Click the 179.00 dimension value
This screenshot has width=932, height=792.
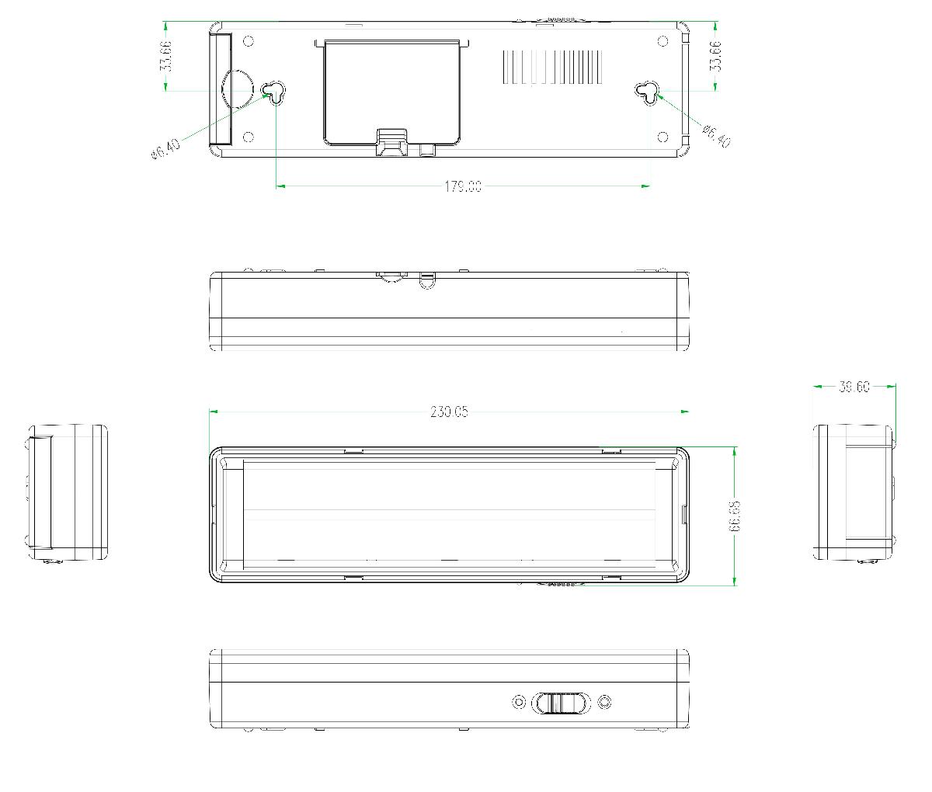click(463, 186)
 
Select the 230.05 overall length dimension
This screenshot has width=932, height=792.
click(449, 412)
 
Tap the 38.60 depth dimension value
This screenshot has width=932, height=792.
click(854, 387)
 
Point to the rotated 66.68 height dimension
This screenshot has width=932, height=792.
click(734, 516)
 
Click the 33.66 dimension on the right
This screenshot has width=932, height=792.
click(715, 56)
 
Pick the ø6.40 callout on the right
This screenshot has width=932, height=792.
click(715, 136)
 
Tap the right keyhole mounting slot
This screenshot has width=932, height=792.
click(649, 92)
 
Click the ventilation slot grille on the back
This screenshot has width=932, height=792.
click(552, 68)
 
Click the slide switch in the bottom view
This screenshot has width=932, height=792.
click(559, 703)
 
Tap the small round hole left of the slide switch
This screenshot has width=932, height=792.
click(519, 703)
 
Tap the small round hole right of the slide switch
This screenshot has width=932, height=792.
click(605, 703)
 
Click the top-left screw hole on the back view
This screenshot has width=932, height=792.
click(249, 41)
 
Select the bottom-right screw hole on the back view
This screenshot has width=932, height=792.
click(662, 137)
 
